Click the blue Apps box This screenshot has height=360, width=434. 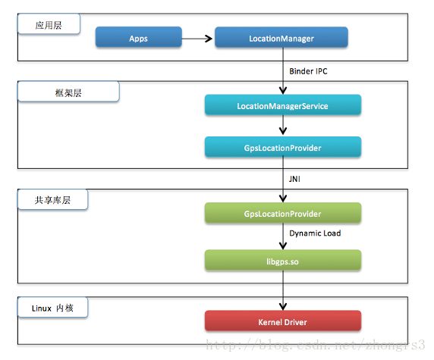pos(138,37)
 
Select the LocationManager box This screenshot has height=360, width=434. pos(281,37)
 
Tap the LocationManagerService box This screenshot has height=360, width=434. pos(283,105)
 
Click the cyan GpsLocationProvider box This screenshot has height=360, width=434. pos(283,147)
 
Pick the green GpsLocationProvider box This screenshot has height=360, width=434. pos(283,213)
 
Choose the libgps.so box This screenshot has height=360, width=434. pos(283,260)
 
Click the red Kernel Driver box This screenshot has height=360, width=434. pos(283,321)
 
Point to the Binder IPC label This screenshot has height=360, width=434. pos(308,71)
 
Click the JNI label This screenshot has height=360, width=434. pos(294,179)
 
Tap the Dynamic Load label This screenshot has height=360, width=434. pos(315,233)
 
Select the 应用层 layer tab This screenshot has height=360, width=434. pos(49,24)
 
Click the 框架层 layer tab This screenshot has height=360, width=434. pos(68,92)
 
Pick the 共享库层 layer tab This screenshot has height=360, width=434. pos(52,199)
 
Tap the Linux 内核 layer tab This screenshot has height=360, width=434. pos(52,308)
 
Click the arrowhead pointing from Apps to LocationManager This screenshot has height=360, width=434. pos(208,39)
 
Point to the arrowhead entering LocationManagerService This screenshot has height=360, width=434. pos(283,90)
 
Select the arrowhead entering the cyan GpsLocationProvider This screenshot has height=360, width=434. pos(283,131)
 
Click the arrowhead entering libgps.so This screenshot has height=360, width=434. pos(283,246)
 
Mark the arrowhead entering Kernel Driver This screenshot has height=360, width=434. pos(283,306)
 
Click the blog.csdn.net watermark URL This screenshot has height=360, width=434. pos(316,345)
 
